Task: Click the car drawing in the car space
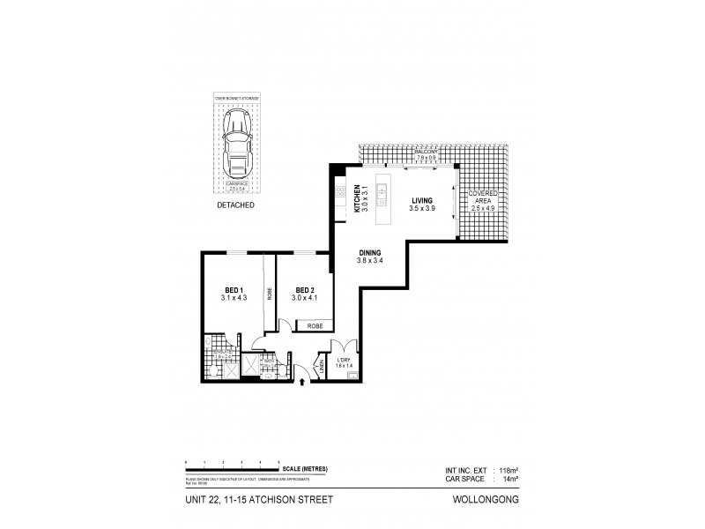(x=235, y=147)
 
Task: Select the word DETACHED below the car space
(x=235, y=205)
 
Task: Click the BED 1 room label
(x=233, y=290)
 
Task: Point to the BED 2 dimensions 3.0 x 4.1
(x=305, y=299)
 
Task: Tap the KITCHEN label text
(x=357, y=191)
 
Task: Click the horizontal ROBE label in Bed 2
(x=315, y=326)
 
